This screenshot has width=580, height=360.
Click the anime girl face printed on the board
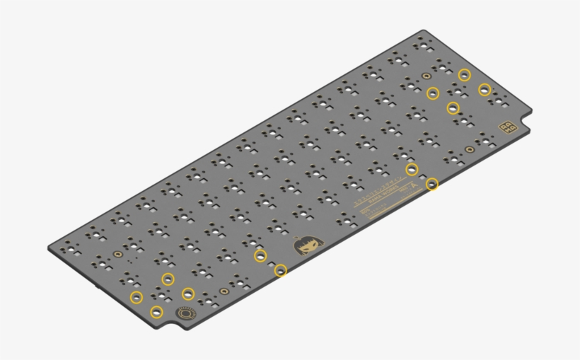[x=306, y=246]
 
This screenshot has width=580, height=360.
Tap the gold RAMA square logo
[x=508, y=127]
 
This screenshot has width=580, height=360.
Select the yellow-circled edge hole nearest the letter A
[x=431, y=184]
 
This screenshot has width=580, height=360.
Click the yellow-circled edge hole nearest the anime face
[x=281, y=269]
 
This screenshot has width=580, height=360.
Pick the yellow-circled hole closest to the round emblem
[x=157, y=312]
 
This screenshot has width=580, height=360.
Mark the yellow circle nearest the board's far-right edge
[x=485, y=89]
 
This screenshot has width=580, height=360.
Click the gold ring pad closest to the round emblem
[x=224, y=290]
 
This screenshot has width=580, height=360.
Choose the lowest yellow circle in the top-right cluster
[x=453, y=108]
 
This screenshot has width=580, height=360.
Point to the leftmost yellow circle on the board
[x=136, y=296]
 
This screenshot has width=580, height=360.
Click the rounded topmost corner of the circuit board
[x=423, y=31]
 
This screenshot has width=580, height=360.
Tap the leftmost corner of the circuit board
[x=50, y=248]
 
